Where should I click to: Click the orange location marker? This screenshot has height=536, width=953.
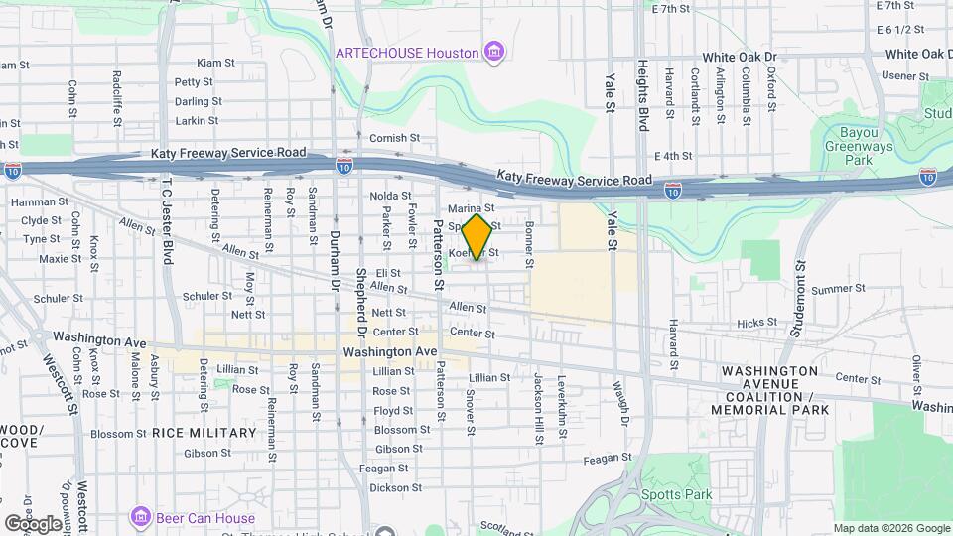(477, 237)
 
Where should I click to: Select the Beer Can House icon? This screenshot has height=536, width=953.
(140, 518)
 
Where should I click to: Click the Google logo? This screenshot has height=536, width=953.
(32, 523)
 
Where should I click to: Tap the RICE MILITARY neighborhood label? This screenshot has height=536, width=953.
(204, 433)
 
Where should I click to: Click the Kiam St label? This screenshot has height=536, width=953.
(215, 63)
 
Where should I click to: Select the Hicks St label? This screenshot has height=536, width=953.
(756, 324)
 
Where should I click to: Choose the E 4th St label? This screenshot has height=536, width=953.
(673, 156)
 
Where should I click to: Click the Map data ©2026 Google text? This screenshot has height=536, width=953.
(890, 528)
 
